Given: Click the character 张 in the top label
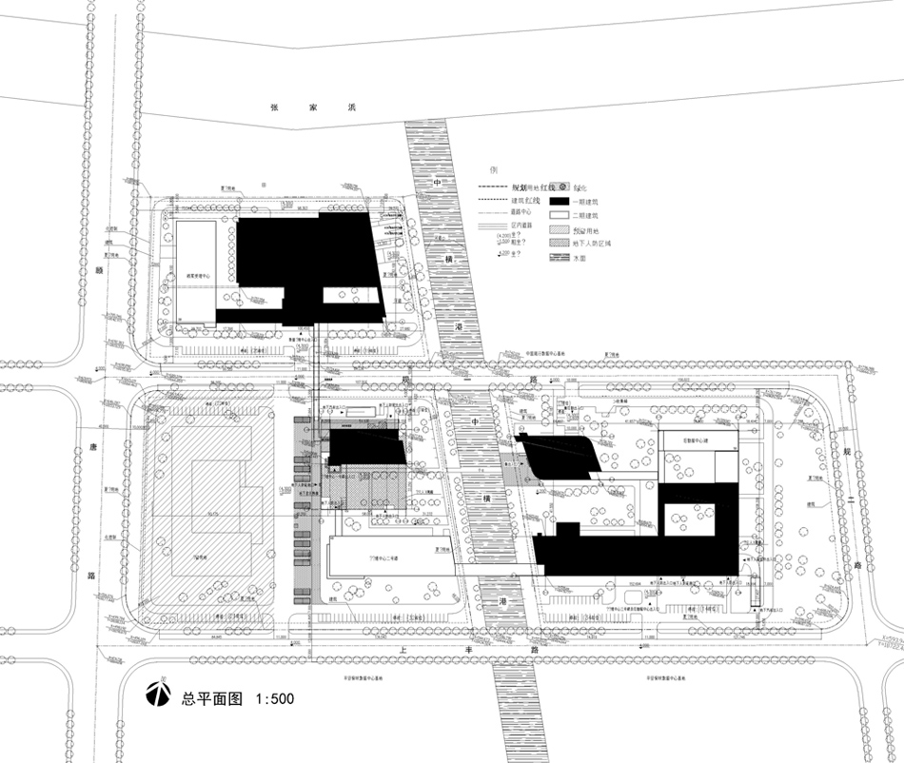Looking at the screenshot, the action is (274, 108).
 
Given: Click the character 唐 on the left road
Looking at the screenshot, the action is (93, 448).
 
